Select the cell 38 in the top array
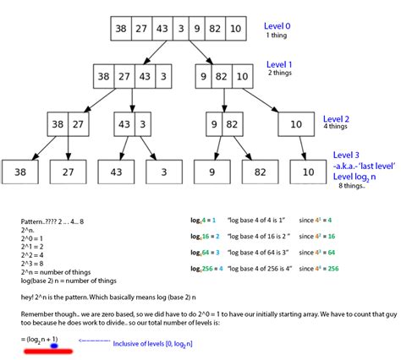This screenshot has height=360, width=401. point(122,29)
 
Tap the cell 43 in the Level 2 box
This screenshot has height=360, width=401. point(125,125)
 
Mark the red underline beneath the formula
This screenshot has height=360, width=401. point(41,353)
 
